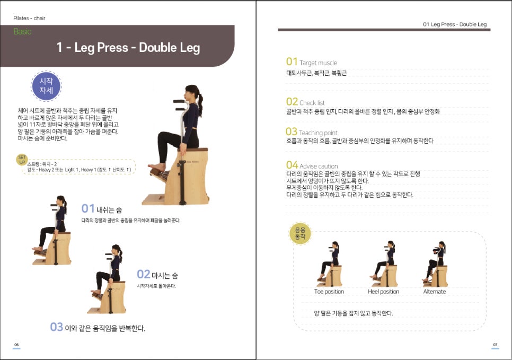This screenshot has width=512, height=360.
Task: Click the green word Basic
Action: point(22,31)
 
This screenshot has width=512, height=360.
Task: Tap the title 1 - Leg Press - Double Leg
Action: point(128,48)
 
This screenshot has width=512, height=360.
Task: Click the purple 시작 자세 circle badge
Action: point(46,86)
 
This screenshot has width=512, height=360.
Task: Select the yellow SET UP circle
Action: point(22,160)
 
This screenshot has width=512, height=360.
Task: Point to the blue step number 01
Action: point(88,208)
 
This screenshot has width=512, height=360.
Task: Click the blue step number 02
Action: point(144,275)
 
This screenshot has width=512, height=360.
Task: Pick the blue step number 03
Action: point(57,327)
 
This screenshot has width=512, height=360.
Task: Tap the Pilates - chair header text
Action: point(29,19)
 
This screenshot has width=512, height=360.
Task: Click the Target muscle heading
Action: point(318,63)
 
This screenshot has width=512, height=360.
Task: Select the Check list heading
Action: point(312,102)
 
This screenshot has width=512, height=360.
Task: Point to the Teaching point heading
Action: point(318,133)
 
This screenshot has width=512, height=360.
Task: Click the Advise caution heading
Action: point(319,166)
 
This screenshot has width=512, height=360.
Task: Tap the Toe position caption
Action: point(329,292)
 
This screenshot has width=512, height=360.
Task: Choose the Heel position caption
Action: point(384,292)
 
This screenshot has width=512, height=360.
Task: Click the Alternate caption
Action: point(435,292)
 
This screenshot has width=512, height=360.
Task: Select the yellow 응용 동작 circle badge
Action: point(300,233)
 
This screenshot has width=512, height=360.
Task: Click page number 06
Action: point(16,345)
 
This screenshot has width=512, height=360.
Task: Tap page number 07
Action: point(496,345)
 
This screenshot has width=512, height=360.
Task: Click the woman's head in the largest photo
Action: point(192,94)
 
